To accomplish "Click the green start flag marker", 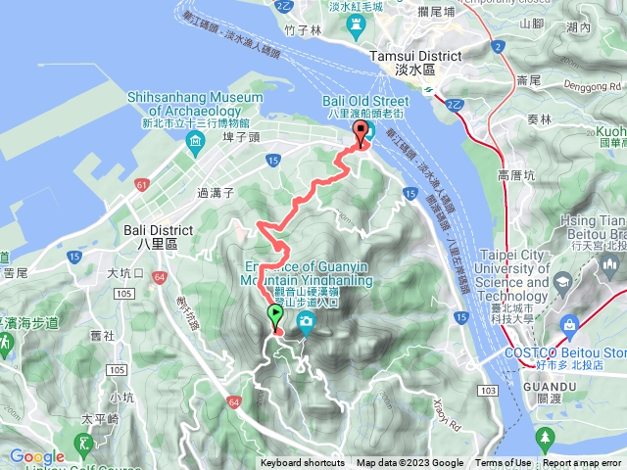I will click(274, 316).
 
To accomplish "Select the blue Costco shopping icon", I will click(570, 324).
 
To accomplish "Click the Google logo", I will click(36, 456).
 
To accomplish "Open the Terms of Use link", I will click(503, 463).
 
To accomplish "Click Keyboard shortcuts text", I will click(303, 463).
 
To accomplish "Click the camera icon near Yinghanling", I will click(306, 322).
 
